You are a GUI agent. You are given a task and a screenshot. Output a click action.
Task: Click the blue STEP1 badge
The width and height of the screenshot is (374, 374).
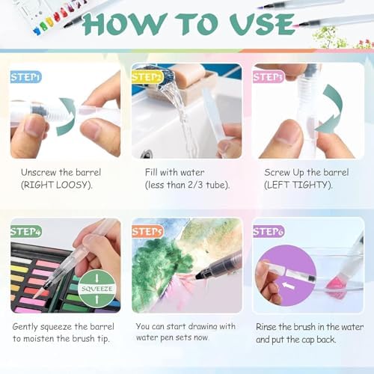pyautogui.click(x=25, y=77)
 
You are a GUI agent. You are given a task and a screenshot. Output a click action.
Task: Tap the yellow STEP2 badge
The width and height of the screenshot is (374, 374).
pyautogui.click(x=147, y=77)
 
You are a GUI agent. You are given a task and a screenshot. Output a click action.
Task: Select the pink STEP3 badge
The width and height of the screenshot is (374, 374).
pyautogui.click(x=269, y=77)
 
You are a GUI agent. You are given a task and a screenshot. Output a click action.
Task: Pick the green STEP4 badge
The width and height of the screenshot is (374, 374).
pyautogui.click(x=26, y=232)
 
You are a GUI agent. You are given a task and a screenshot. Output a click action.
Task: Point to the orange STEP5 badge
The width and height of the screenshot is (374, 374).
pyautogui.click(x=147, y=232)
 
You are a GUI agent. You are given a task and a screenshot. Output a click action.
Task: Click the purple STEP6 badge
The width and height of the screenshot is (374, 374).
pyautogui.click(x=269, y=232)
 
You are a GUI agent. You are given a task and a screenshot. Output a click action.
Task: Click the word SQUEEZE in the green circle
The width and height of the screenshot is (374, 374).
pyautogui.click(x=97, y=289)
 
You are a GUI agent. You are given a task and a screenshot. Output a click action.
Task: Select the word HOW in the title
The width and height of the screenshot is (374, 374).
pyautogui.click(x=125, y=24)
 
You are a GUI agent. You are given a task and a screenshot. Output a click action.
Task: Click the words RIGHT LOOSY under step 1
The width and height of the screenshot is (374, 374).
pyautogui.click(x=57, y=185)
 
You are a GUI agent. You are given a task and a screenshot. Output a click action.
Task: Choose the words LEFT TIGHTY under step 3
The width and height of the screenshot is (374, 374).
pyautogui.click(x=298, y=185)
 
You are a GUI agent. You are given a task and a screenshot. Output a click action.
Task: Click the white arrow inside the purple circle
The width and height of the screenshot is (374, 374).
pyautogui.click(x=288, y=285)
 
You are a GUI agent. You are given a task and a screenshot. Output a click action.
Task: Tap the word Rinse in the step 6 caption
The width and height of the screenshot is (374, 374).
pyautogui.click(x=266, y=327)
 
